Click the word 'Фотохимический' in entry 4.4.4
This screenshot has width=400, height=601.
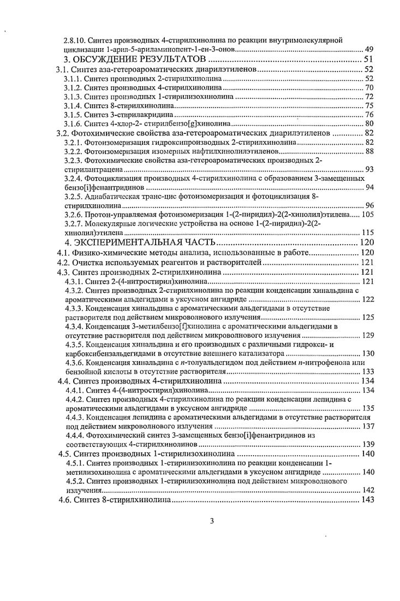(116, 435)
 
